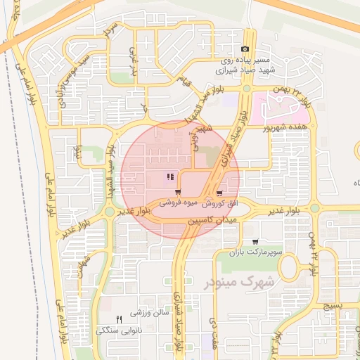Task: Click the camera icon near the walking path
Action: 245,49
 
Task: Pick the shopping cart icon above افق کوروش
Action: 220,192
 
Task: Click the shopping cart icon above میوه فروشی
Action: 178,192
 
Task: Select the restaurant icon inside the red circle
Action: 169,177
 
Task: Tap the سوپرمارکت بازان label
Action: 249,251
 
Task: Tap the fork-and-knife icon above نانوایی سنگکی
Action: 118,319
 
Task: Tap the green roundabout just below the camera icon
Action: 246,89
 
